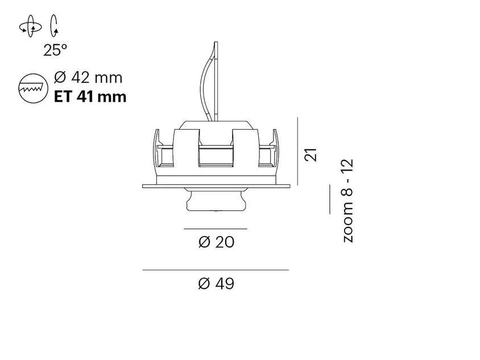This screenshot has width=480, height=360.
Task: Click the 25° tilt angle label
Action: (x=55, y=51)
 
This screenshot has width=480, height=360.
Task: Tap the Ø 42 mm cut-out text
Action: (x=88, y=77)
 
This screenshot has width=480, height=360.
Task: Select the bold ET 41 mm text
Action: (x=90, y=97)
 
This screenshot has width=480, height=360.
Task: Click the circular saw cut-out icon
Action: (x=33, y=88)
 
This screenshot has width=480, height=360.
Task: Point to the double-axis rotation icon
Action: (x=30, y=26)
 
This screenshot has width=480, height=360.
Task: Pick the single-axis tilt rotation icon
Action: (x=54, y=26)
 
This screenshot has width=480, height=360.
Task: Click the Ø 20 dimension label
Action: (x=216, y=242)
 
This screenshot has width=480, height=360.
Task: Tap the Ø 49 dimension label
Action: (x=216, y=283)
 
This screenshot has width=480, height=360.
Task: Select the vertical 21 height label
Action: (x=311, y=155)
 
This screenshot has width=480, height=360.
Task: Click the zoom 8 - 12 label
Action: (x=347, y=201)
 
